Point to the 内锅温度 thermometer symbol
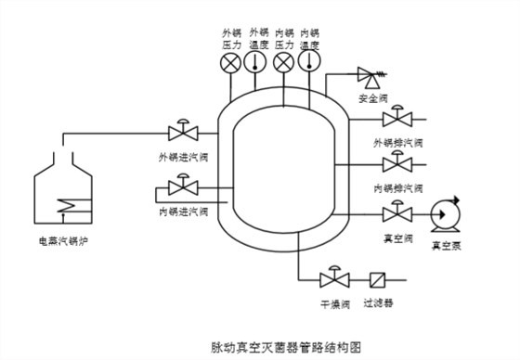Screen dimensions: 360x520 (x=310, y=63)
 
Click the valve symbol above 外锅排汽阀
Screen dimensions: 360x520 (x=397, y=119)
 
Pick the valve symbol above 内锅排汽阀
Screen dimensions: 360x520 (x=397, y=164)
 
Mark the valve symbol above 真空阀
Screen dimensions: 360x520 (x=397, y=213)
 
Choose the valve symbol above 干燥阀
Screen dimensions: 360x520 (x=331, y=278)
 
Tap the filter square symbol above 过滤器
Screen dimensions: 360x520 (x=377, y=278)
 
